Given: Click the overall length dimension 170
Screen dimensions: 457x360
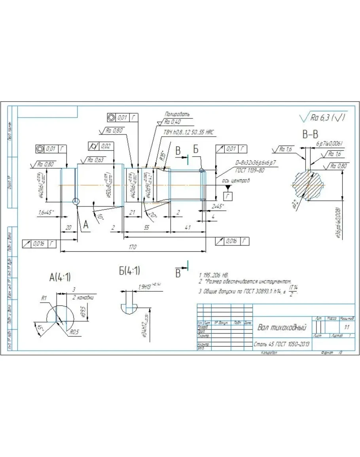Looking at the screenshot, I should pyautogui.click(x=132, y=247).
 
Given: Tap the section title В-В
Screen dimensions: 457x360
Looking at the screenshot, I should pyautogui.click(x=310, y=135).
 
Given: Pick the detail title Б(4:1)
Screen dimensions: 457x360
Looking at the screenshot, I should pyautogui.click(x=129, y=271).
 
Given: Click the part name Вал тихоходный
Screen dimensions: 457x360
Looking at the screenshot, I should pyautogui.click(x=282, y=328).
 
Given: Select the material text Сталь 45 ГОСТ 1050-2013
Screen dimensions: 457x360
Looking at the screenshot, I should pyautogui.click(x=282, y=344).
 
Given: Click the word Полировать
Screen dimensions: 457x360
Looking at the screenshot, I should pyautogui.click(x=177, y=114).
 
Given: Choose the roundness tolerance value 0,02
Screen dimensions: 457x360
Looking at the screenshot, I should pyautogui.click(x=106, y=146).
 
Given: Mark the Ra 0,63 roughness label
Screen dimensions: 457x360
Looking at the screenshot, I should pyautogui.click(x=96, y=160).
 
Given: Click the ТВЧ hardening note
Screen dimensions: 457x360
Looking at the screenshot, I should pyautogui.click(x=188, y=132).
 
